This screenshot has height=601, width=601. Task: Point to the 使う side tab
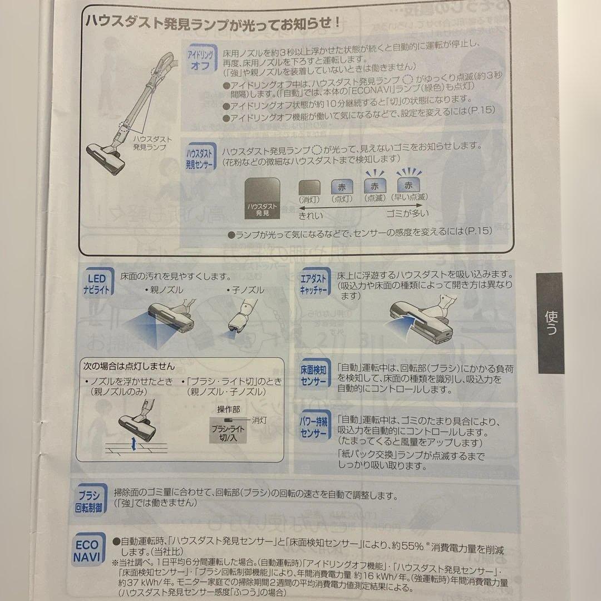pyautogui.click(x=550, y=323)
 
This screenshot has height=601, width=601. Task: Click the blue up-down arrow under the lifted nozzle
pyautogui.click(x=131, y=444)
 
